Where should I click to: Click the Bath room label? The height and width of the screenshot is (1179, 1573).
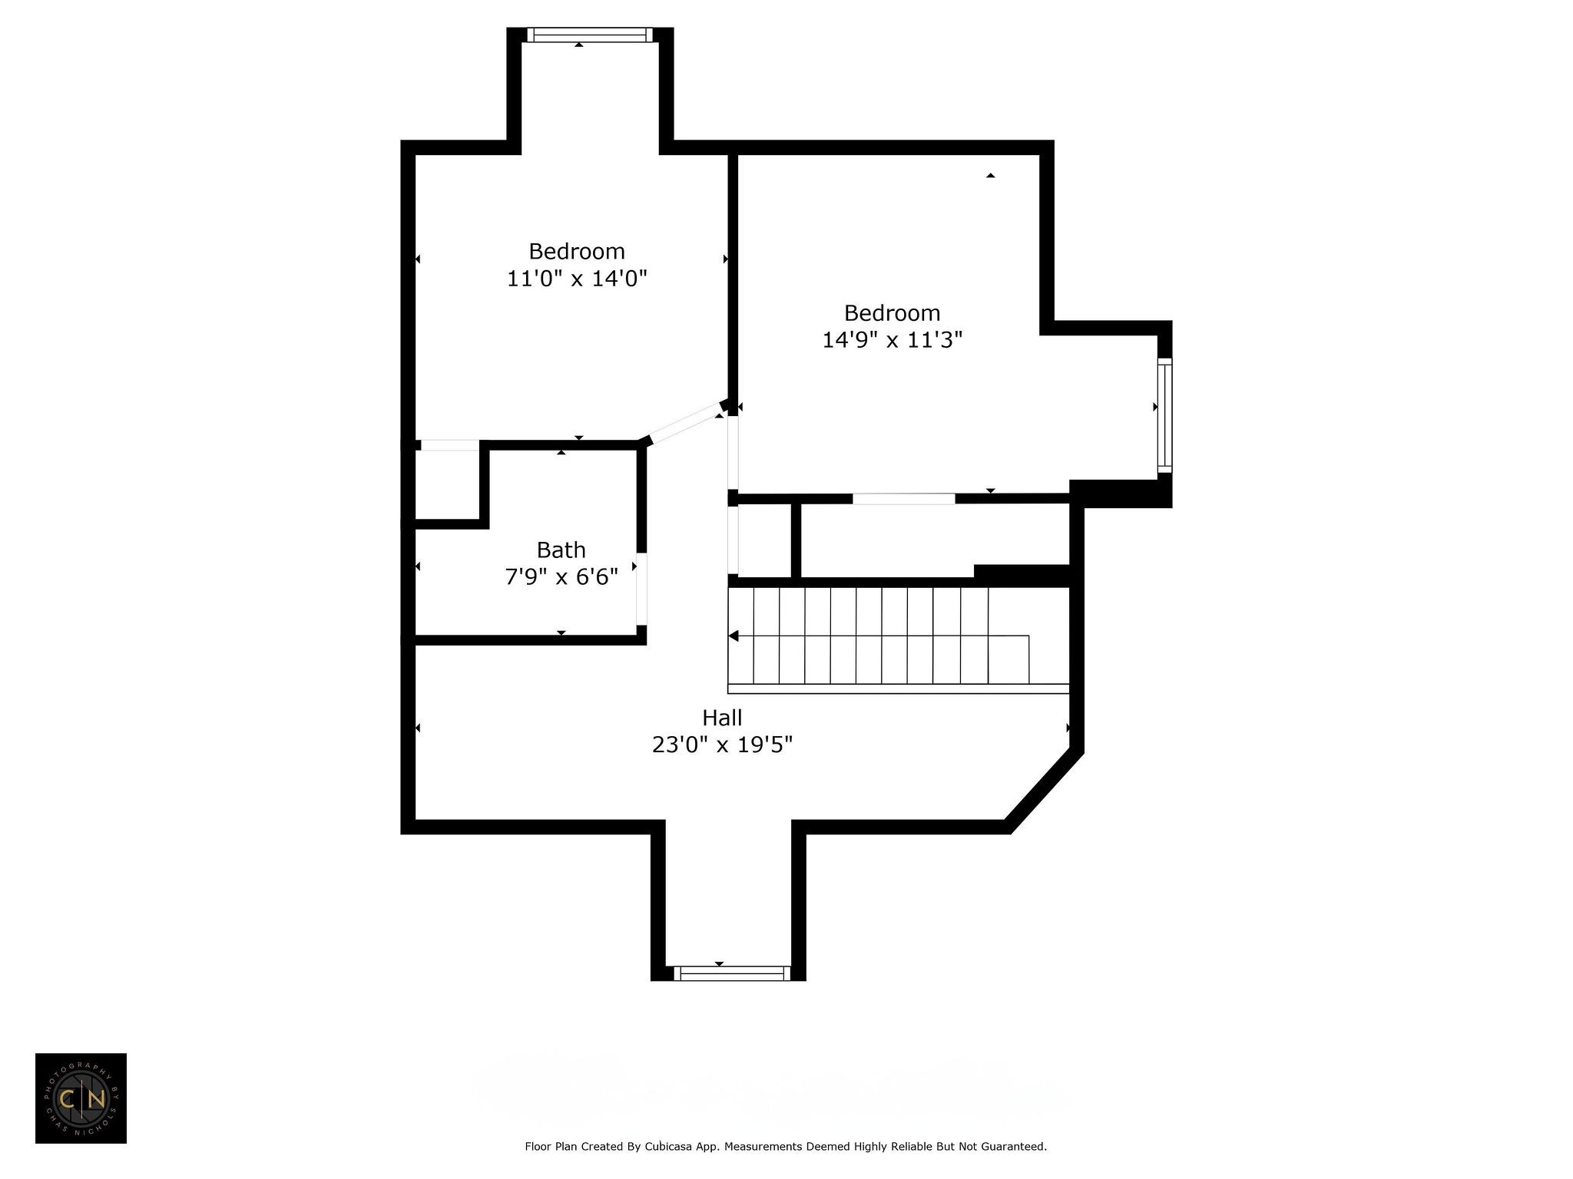(x=561, y=550)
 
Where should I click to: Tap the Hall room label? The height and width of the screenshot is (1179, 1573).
(x=722, y=718)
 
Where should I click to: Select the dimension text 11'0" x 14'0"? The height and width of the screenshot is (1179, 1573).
(x=577, y=278)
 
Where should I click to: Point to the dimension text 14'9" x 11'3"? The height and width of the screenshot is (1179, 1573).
(x=892, y=339)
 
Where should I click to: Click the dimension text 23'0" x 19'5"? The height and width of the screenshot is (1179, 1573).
(x=722, y=745)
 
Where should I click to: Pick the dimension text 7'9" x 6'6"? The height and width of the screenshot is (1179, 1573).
(x=561, y=576)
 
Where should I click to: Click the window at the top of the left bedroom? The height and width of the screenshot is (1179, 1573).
(x=590, y=35)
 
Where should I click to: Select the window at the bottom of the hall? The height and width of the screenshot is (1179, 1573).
(x=731, y=973)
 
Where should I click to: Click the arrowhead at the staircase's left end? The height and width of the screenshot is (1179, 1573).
(x=734, y=636)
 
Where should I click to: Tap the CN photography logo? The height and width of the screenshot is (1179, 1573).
(x=81, y=1098)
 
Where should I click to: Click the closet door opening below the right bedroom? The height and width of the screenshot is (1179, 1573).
(x=903, y=499)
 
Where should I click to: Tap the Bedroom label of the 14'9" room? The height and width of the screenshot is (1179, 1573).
(x=892, y=312)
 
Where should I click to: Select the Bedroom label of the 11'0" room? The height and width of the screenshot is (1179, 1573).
(x=577, y=251)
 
